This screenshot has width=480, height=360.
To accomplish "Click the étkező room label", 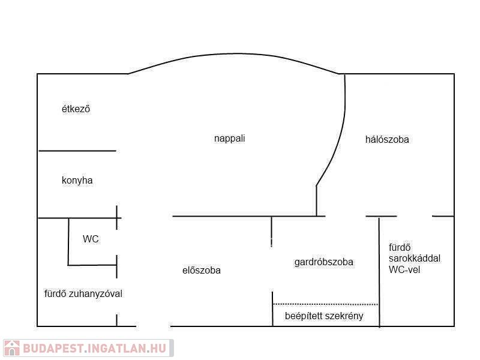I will click(76, 109).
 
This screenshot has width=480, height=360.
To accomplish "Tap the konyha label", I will click(77, 180).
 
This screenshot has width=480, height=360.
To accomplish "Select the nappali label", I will click(229, 138).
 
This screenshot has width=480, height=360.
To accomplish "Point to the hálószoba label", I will click(387, 139).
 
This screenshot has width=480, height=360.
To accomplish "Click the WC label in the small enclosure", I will click(91, 239).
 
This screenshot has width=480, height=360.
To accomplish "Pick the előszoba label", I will click(201, 270).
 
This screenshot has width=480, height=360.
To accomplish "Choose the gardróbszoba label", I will click(323, 262).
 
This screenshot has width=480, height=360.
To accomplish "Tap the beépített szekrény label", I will click(324, 316).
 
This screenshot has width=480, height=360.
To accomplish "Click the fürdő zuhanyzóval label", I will click(83, 293).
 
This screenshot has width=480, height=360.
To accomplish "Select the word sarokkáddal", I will click(415, 258).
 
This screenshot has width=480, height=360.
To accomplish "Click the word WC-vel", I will click(406, 269).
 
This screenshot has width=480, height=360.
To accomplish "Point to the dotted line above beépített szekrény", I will click(325, 304).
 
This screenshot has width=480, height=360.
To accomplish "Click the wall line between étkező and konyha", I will click(77, 151).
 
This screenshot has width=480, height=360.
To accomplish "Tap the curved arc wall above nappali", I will click(234, 54).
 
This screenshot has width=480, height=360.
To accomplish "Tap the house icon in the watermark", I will click(12, 348).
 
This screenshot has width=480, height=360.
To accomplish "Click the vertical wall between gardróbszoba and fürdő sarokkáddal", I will click(379, 270).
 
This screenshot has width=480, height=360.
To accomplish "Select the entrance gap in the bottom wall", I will click(154, 326).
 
